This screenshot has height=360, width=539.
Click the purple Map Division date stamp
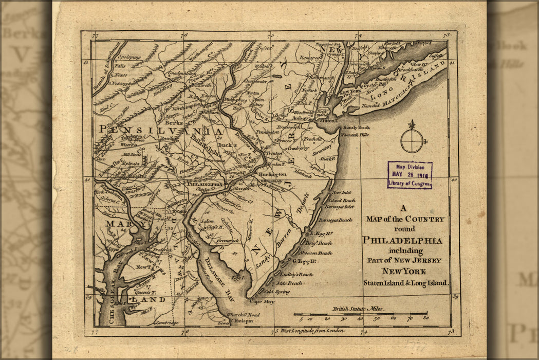click(410, 175)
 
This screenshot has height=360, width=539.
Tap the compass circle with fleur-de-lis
click(412, 140)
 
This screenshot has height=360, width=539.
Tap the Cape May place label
click(262, 302)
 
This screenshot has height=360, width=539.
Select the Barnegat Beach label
click(335, 220)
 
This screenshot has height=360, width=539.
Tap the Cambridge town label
click(165, 323)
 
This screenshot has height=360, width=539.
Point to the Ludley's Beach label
click(296, 275)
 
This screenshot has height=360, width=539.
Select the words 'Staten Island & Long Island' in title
click(405, 282)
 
